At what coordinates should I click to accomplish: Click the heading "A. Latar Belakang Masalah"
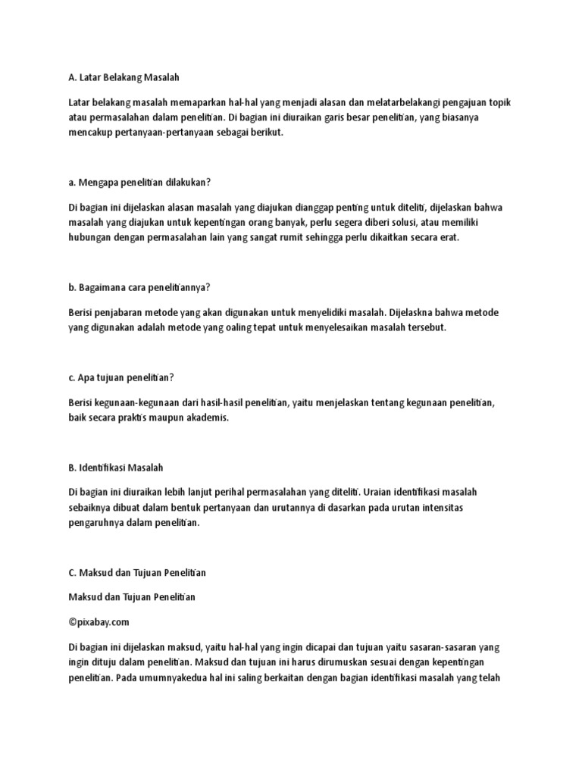[x=125, y=77]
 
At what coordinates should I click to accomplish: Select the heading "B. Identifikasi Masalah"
[x=116, y=467]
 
